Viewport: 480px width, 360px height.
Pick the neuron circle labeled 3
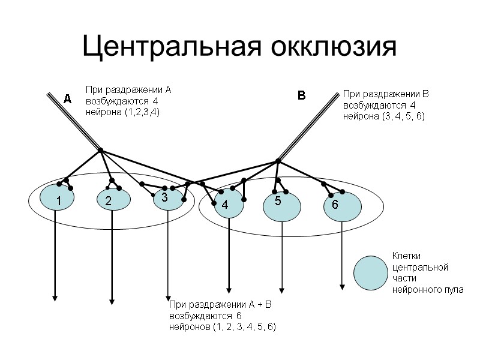(x=168, y=198)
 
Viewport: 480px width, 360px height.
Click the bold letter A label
(x=68, y=99)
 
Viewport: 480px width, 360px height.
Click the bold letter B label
(x=302, y=95)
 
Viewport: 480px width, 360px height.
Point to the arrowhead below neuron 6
(x=342, y=286)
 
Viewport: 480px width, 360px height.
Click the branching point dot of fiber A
(x=101, y=149)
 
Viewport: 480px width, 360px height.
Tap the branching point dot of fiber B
(x=278, y=160)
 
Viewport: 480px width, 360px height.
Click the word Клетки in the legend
(x=407, y=256)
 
